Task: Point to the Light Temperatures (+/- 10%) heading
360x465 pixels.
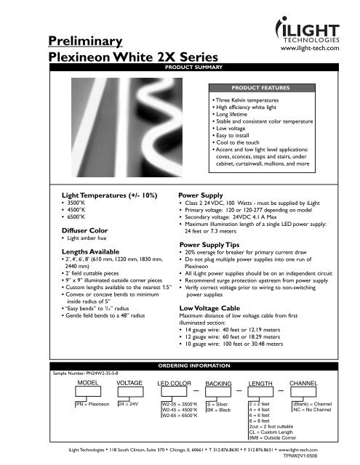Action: click(x=101, y=195)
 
